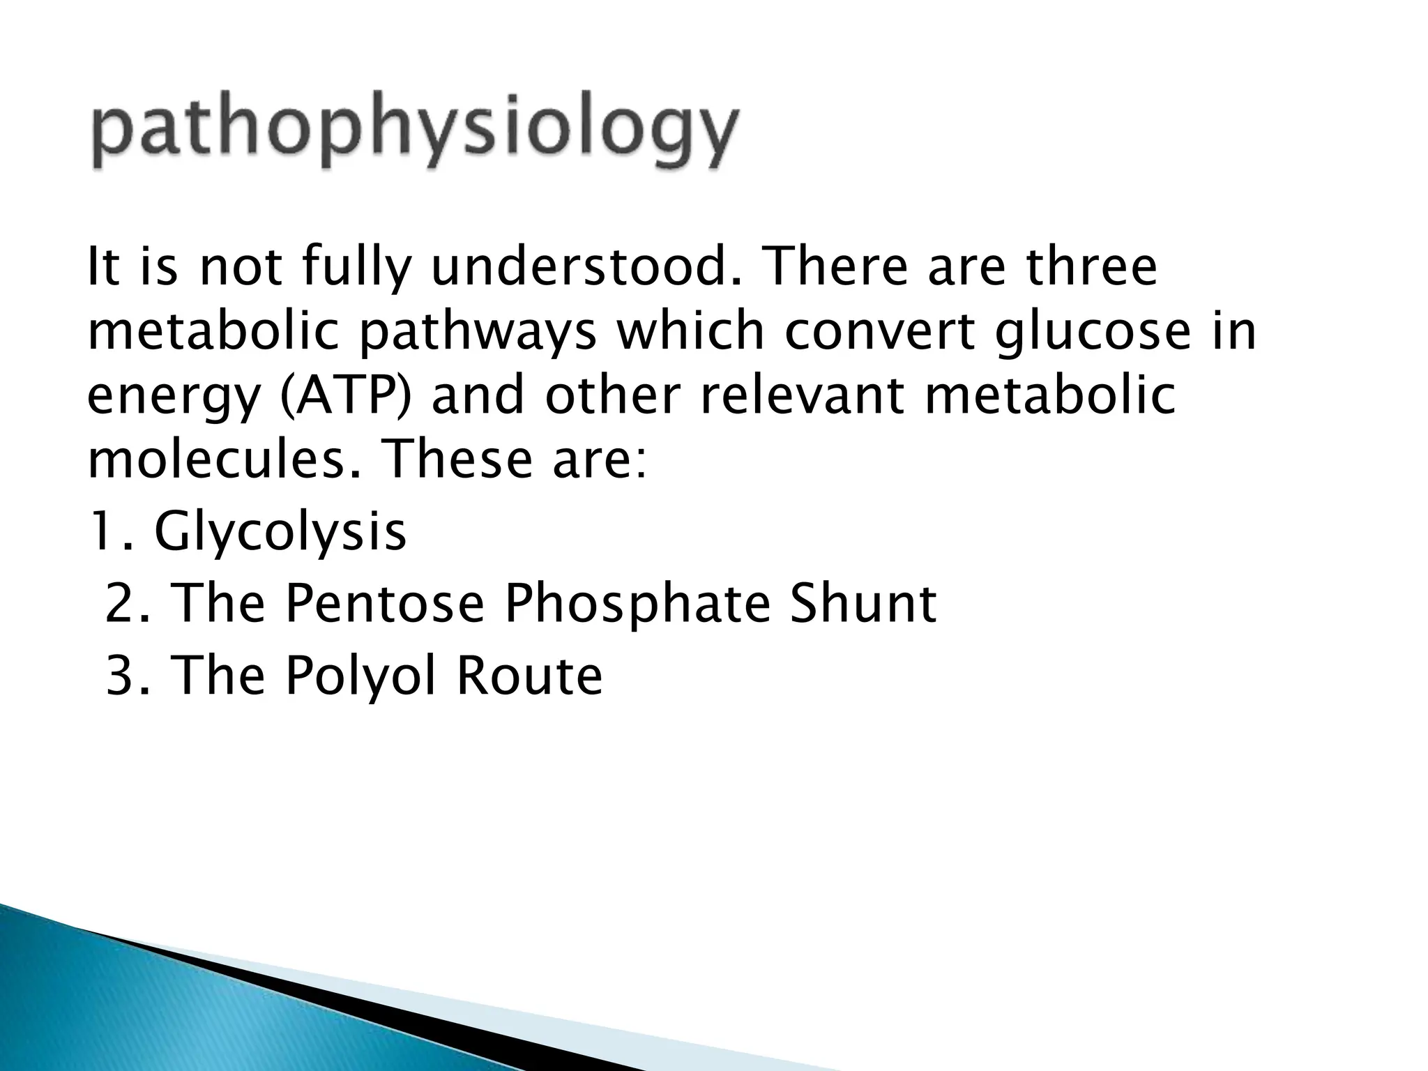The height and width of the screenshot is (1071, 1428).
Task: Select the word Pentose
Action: tap(384, 604)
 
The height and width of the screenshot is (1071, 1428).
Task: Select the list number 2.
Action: tap(124, 604)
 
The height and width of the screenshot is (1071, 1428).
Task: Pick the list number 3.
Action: tap(124, 676)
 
